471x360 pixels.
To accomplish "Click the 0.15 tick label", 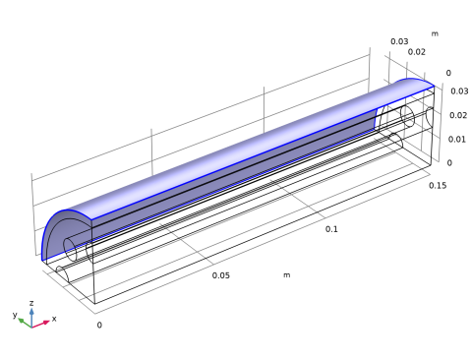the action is coord(438,186).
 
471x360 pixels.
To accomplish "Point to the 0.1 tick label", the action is coord(331,229).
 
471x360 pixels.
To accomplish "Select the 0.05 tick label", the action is coord(221,275).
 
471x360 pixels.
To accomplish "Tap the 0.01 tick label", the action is coord(457,140).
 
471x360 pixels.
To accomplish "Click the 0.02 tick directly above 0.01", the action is coord(458,115).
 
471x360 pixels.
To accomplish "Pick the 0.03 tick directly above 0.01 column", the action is coord(459,91).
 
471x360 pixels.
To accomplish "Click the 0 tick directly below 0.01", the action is coord(449,163).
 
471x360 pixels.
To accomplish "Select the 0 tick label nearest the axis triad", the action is coord(99,325).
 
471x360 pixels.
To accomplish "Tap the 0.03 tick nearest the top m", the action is coord(399,41).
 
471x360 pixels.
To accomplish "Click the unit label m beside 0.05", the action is coord(287,275).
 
